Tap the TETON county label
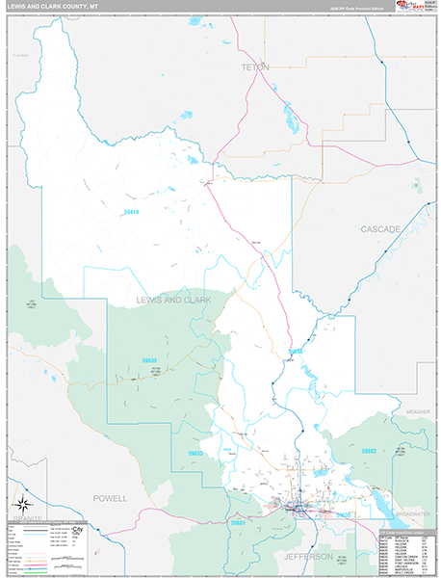coord(255,67)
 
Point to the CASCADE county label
coord(380,229)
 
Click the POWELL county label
coord(110,498)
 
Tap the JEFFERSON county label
coord(308,557)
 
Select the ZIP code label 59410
coord(132,212)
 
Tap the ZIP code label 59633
coord(195,453)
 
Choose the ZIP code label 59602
coord(369,451)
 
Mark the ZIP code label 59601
coord(238,523)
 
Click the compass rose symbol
coord(25,502)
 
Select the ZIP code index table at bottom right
coord(405,551)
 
